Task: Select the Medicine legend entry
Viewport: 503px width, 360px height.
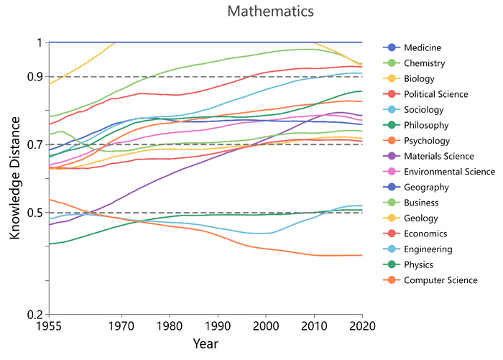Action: [423, 47]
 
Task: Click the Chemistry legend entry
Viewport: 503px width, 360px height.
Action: [425, 63]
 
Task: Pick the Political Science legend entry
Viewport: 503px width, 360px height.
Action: [436, 94]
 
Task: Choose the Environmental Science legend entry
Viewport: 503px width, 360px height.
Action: [449, 172]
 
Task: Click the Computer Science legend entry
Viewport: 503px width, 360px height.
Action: [440, 280]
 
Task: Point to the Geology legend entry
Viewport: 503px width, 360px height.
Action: [423, 218]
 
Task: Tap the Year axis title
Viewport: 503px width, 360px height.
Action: [205, 344]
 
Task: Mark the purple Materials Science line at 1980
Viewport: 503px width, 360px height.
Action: [170, 174]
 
